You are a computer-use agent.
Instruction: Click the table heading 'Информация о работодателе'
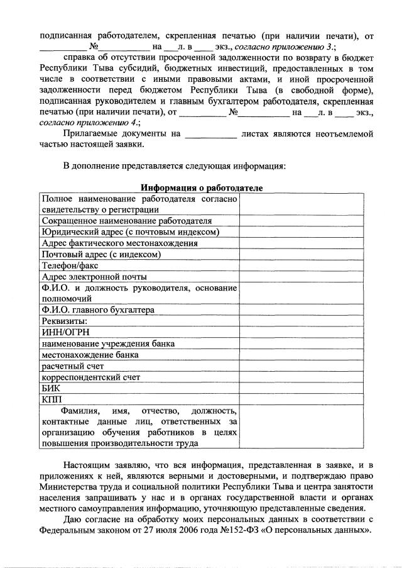[x=202, y=188]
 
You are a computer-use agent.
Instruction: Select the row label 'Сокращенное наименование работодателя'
[x=126, y=221]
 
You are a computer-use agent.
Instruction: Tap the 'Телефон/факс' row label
[x=70, y=265]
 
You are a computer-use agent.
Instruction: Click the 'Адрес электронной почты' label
[x=94, y=277]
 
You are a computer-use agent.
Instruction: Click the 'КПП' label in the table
[x=51, y=399]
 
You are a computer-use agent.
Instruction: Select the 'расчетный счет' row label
[x=72, y=365]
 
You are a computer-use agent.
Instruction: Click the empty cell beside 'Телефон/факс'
[x=301, y=265]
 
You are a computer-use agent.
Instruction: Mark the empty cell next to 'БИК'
[x=301, y=388]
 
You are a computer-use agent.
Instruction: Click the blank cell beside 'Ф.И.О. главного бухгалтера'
[x=301, y=309]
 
